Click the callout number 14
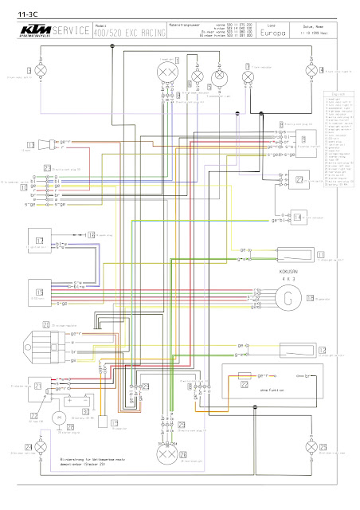click(x=296, y=217)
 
